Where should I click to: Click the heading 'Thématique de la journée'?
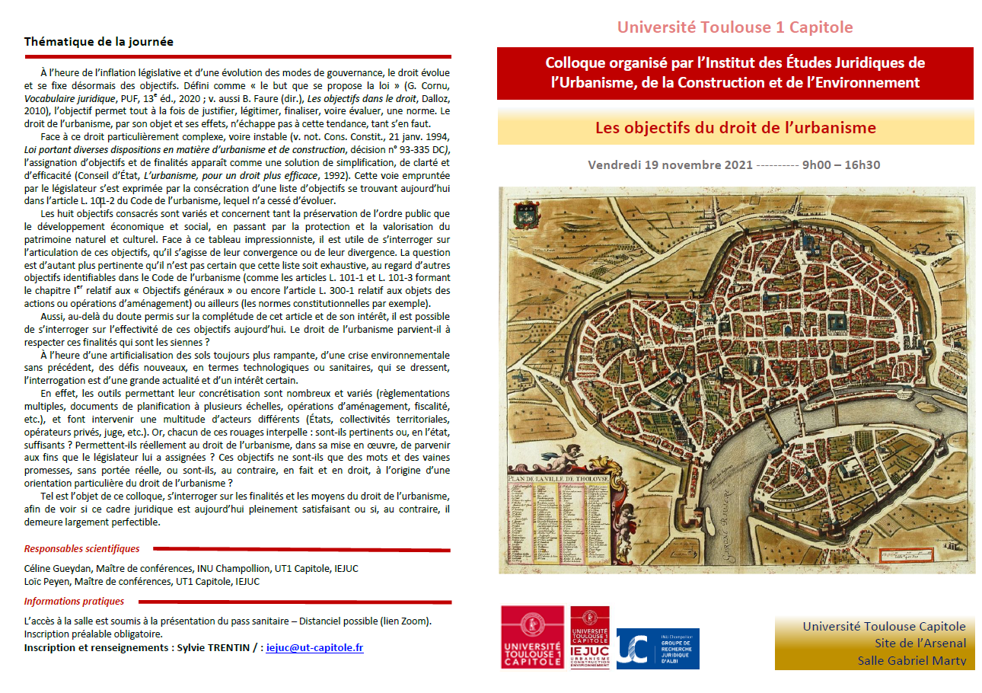point(99,42)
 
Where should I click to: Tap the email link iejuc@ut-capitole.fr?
point(314,648)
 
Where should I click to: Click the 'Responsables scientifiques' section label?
point(81,548)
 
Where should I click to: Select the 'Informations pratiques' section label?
point(74,602)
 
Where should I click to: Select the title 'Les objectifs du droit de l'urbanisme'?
point(735,127)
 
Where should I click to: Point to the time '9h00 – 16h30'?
point(841,165)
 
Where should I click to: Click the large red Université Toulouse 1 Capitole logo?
point(532,637)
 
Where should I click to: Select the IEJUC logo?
point(589,637)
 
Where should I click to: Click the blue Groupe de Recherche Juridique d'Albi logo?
point(657,647)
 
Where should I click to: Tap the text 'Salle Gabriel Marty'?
point(911,660)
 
